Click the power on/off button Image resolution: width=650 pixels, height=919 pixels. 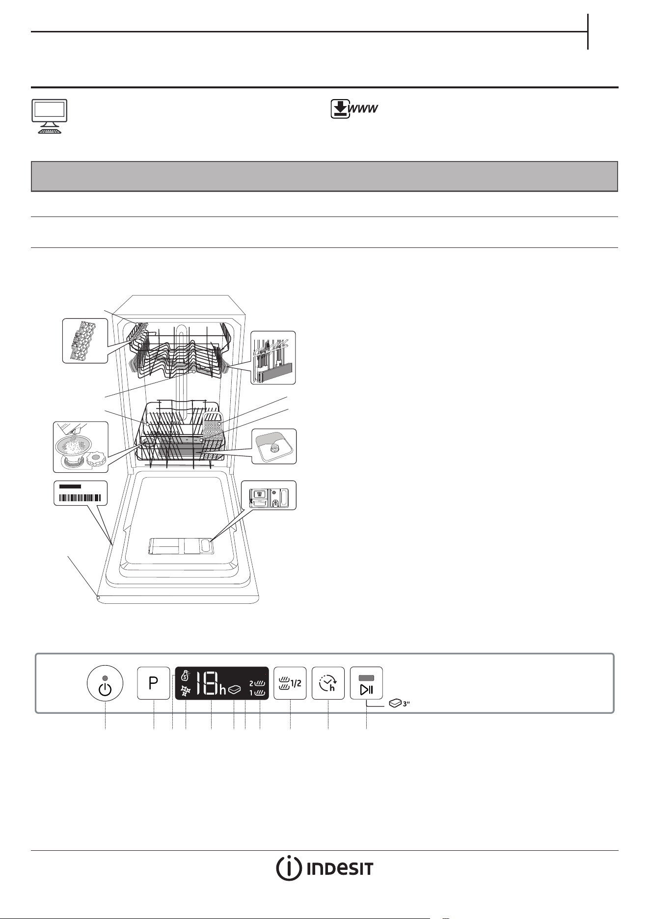pos(106,683)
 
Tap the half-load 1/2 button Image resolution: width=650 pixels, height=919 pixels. pos(290,683)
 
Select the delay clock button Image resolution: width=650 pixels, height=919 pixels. pos(328,683)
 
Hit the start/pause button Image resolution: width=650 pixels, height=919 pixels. pos(366,683)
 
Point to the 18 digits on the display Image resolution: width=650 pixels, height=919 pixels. pos(207,683)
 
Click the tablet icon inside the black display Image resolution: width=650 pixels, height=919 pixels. pos(234,690)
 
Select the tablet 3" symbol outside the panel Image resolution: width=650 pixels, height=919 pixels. pos(399,703)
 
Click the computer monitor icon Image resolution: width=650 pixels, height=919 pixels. pos(49,116)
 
